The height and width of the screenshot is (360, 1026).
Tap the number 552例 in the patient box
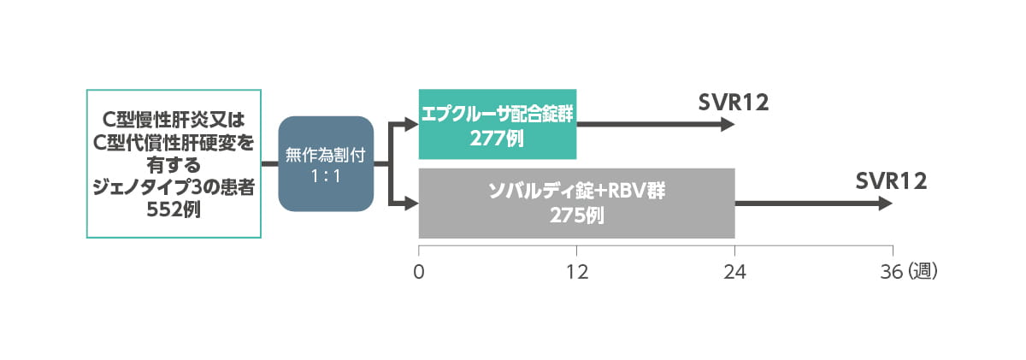173,209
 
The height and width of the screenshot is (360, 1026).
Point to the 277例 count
496,137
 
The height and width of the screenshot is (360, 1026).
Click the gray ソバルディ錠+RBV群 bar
576,204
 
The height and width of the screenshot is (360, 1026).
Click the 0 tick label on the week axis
418,272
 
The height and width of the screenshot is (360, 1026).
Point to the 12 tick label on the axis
577,272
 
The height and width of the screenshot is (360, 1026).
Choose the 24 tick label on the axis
735,272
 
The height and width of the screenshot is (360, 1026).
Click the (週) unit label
923,272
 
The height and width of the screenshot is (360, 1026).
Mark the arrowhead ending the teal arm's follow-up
728,124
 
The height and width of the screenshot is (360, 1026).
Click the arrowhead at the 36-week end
886,204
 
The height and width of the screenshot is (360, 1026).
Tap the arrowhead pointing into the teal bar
412,124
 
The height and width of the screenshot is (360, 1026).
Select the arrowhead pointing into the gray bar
412,204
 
